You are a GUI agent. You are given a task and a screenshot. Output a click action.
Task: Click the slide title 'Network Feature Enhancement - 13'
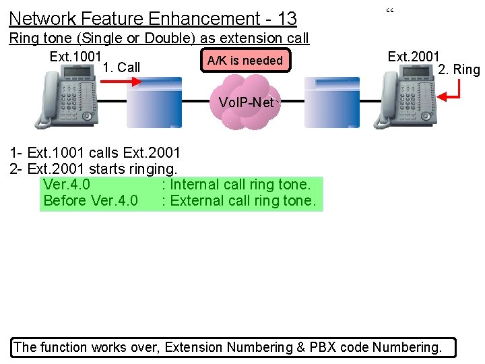click(x=153, y=18)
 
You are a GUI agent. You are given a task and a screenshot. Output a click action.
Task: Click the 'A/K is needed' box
click(x=245, y=61)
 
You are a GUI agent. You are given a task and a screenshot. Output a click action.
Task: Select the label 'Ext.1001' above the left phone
click(x=75, y=57)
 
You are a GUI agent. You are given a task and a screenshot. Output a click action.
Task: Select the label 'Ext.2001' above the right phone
click(x=414, y=57)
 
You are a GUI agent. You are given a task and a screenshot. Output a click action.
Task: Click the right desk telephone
click(x=399, y=99)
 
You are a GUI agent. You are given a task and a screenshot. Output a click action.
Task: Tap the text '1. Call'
click(x=122, y=67)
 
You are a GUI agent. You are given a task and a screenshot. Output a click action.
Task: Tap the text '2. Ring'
click(x=459, y=69)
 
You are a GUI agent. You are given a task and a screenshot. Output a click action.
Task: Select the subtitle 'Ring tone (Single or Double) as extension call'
click(x=159, y=38)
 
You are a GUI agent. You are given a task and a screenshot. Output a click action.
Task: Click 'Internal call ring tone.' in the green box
click(x=241, y=185)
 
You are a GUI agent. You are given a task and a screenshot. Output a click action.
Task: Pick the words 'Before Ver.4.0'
click(x=90, y=201)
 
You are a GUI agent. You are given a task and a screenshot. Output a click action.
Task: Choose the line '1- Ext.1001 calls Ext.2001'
click(x=95, y=152)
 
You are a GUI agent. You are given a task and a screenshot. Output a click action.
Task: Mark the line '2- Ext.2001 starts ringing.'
click(x=94, y=169)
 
